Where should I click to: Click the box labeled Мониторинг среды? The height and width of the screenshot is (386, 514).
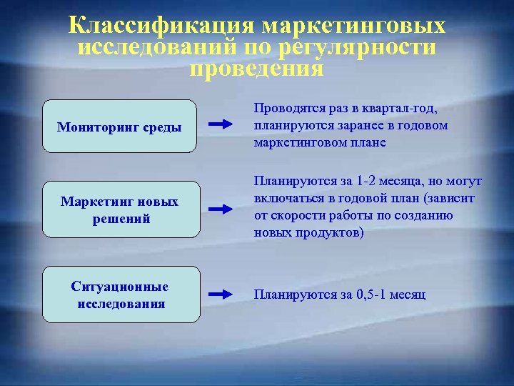point(119,127)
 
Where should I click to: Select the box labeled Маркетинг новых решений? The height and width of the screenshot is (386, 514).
point(119,210)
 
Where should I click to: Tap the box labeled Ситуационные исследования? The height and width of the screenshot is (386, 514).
point(119,295)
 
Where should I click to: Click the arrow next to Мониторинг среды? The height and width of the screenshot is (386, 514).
point(222,124)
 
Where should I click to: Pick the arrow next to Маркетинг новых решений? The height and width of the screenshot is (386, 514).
point(222,209)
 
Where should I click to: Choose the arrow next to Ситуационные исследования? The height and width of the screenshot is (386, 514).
point(222,294)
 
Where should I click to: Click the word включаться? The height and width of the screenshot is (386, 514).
point(288,199)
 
